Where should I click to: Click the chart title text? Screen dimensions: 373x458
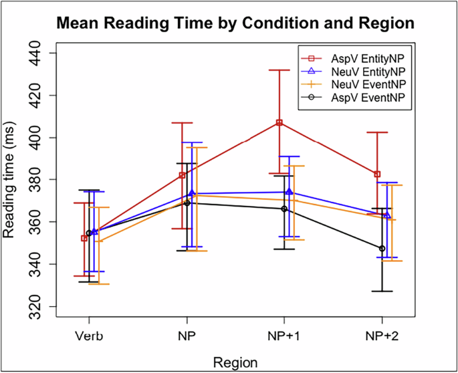(236, 23)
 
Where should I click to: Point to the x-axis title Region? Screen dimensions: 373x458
(235, 362)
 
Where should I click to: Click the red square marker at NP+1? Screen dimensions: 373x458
(279, 122)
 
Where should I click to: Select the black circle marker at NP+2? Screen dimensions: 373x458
(382, 249)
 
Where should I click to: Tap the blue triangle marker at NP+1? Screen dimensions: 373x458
(289, 192)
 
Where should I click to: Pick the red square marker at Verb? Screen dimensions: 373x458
(84, 238)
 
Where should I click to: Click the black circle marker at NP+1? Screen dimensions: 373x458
(284, 209)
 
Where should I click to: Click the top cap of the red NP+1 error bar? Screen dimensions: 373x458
(279, 70)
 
